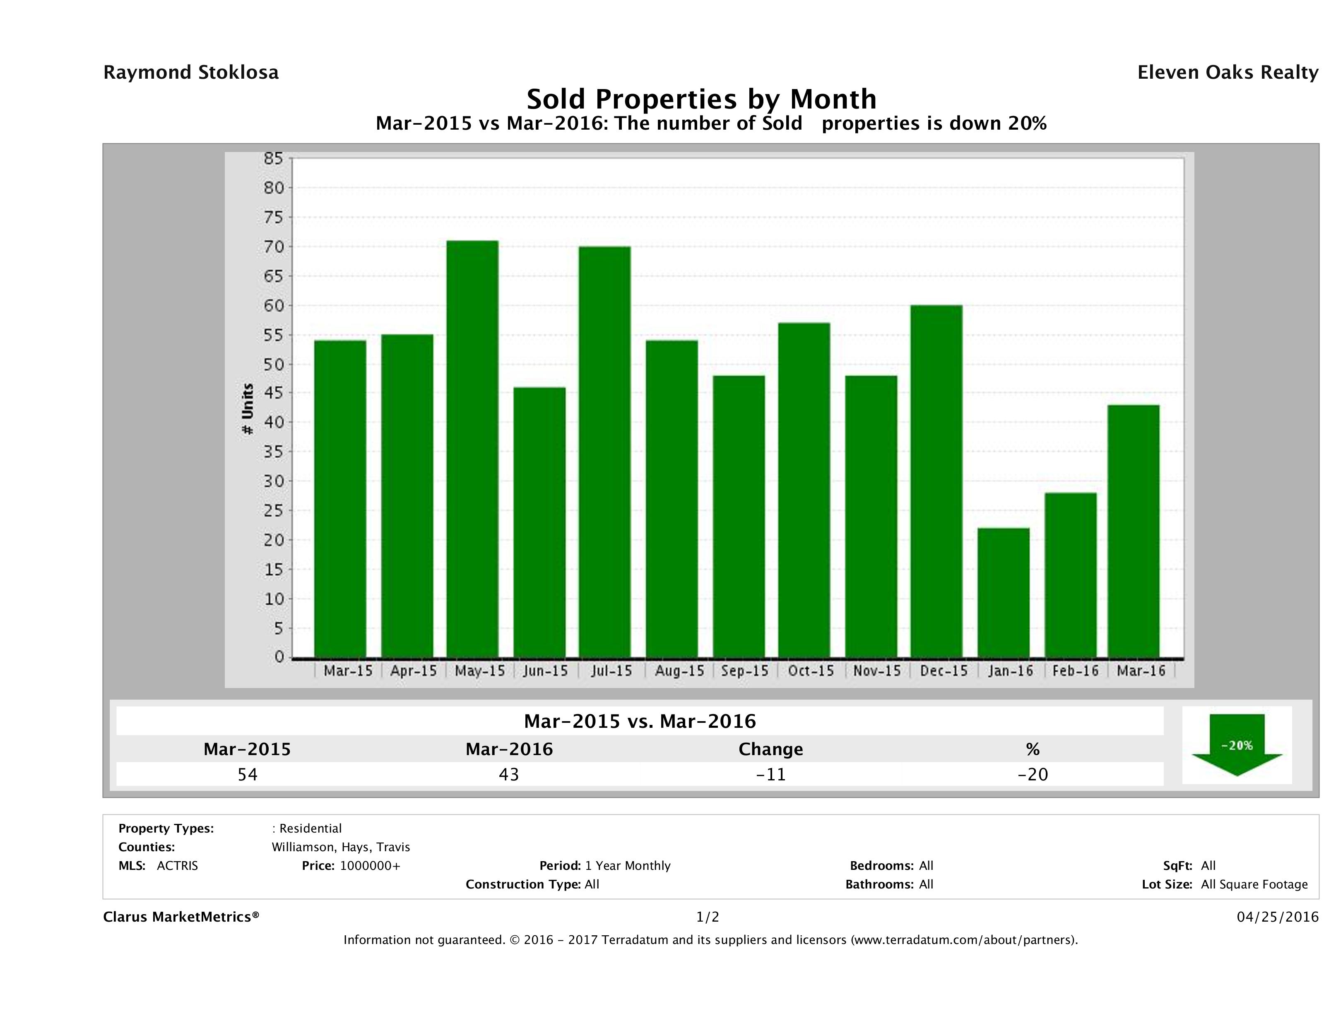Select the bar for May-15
(472, 449)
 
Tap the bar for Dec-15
(937, 482)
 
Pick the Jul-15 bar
(604, 452)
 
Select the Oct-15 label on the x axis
(811, 671)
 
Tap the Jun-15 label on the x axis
(545, 671)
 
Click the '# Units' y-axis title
(248, 409)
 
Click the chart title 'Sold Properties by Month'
(701, 99)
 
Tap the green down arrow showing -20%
(1236, 744)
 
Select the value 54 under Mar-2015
(248, 774)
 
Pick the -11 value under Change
(771, 774)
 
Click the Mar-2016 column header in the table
(509, 749)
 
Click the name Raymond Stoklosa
(191, 72)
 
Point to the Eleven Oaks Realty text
(1227, 72)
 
